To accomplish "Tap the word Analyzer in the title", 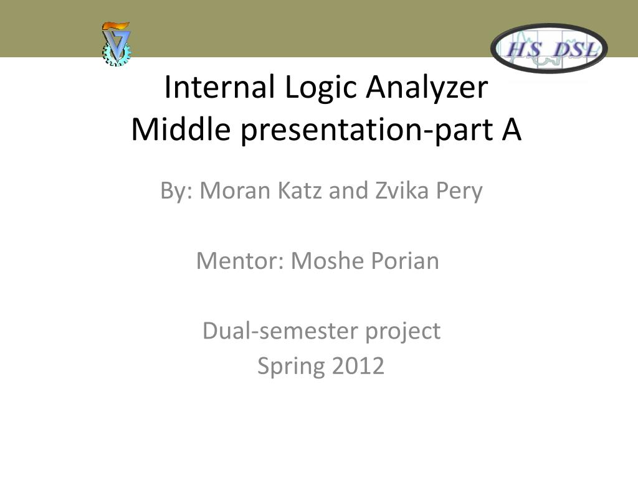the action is pos(427,90).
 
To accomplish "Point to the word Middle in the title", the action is pos(181,129).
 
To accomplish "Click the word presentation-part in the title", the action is pos(366,131).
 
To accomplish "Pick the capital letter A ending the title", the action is pos(512,129).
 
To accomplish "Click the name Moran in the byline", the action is pos(235,190).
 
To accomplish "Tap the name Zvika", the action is pos(402,190).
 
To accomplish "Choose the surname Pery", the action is pos(459,192).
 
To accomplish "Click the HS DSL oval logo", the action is pos(549,49).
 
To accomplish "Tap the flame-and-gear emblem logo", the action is pos(117,44).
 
